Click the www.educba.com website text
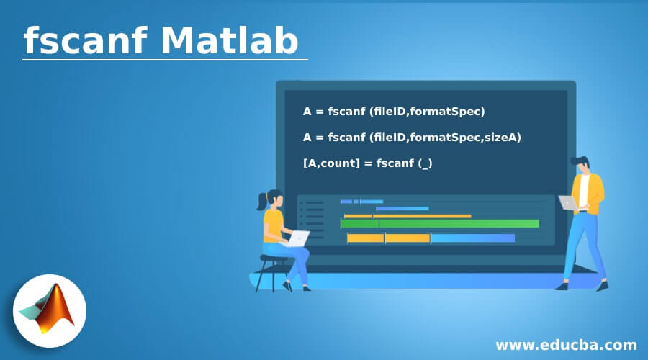[x=566, y=344]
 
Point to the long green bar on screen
[x=439, y=223]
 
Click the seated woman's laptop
[x=295, y=238]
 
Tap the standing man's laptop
[x=569, y=203]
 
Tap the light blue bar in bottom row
[x=472, y=238]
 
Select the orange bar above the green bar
[x=408, y=215]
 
